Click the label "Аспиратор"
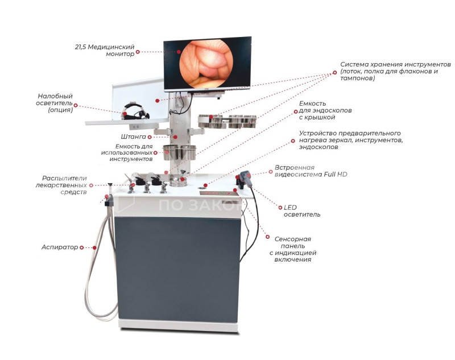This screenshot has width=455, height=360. [x=59, y=247]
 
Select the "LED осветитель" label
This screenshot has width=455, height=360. [x=301, y=211]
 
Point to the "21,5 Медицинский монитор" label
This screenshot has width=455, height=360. [x=112, y=49]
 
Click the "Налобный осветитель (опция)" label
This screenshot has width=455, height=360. [x=55, y=103]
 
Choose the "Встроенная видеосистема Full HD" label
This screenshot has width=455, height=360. [x=311, y=171]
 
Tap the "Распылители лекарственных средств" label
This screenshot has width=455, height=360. [x=64, y=185]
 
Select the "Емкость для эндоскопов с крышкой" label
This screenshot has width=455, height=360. [x=325, y=110]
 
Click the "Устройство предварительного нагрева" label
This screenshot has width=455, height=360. [x=350, y=140]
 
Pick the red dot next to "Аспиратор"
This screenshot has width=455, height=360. [x=82, y=247]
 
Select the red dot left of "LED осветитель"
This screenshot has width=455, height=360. [x=278, y=207]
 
